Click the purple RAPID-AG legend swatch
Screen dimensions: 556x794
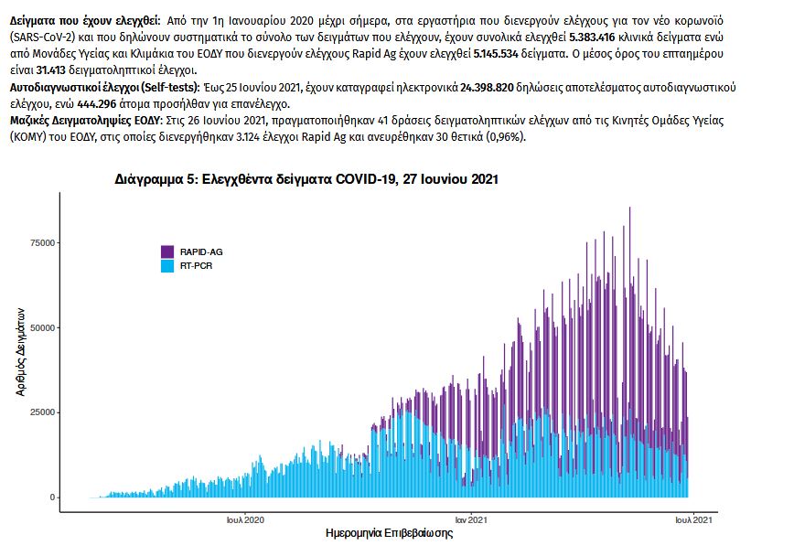click(167, 251)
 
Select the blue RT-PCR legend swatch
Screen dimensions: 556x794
click(167, 266)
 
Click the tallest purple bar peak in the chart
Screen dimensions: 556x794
click(629, 209)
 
